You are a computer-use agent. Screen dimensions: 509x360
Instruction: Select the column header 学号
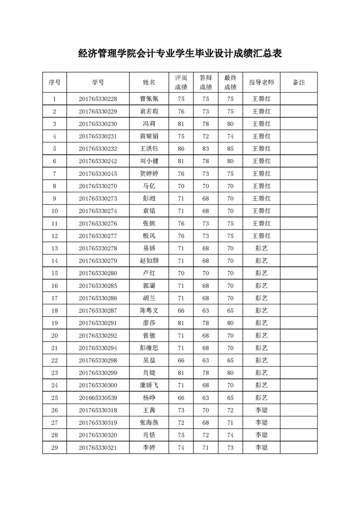[x=98, y=83]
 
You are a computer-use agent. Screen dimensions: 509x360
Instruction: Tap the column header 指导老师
[x=261, y=83]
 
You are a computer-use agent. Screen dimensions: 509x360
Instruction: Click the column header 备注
[x=299, y=83]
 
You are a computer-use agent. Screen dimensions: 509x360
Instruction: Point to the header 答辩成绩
[x=206, y=82]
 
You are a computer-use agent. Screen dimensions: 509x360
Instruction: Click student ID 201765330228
[x=98, y=99]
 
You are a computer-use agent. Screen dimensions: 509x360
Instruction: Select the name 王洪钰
[x=149, y=149]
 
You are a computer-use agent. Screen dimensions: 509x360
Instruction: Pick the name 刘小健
[x=149, y=161]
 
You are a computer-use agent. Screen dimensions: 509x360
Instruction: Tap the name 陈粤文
[x=149, y=310]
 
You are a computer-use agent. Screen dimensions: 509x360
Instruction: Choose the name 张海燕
[x=149, y=422]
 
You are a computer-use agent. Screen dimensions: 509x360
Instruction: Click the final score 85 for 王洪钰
[x=231, y=149]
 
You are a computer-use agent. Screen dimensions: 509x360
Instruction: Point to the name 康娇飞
[x=149, y=385]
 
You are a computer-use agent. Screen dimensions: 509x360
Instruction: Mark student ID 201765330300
[x=98, y=385]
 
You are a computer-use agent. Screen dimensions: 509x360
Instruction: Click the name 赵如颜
[x=149, y=260]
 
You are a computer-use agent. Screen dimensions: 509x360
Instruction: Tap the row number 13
[x=54, y=248]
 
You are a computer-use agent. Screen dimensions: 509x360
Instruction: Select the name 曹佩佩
[x=149, y=99]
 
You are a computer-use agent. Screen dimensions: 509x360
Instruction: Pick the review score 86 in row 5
[x=181, y=149]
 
